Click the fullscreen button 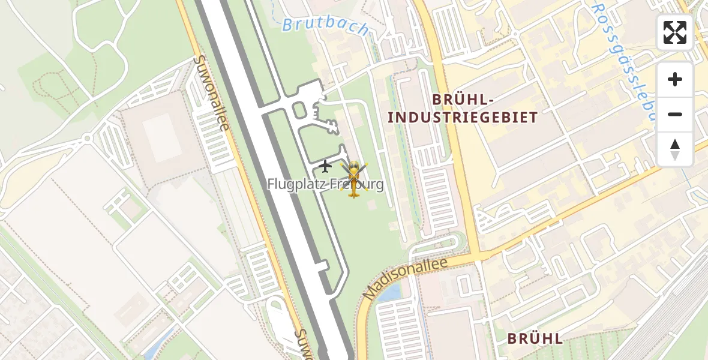pos(675,32)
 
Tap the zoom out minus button pos(675,114)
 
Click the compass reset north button pos(675,149)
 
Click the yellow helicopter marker pos(354,179)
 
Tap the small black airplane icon pos(325,166)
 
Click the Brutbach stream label pos(325,27)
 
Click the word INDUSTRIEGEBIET pos(462,118)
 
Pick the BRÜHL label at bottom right pos(535,338)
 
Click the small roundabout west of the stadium pos(88,138)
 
